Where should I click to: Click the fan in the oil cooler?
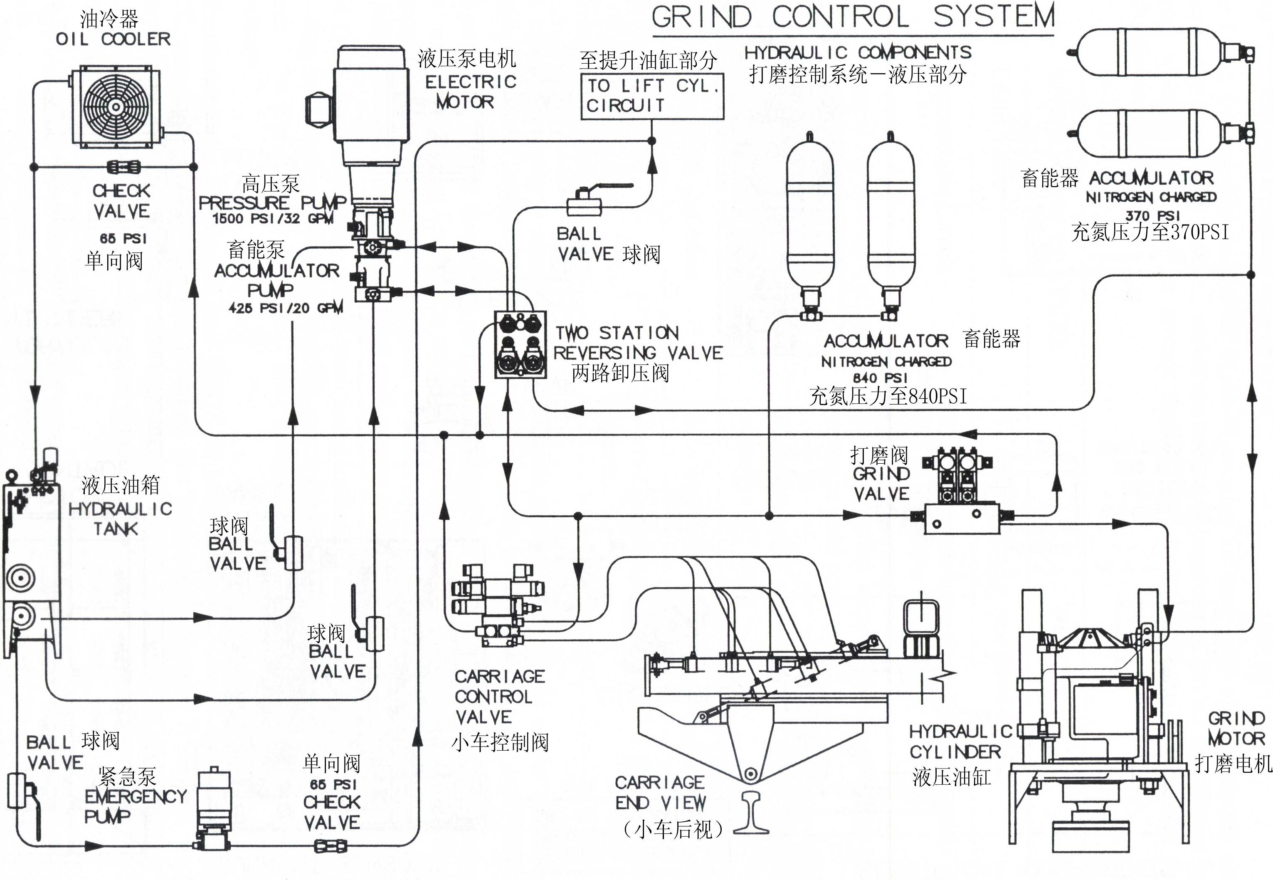pyautogui.click(x=116, y=106)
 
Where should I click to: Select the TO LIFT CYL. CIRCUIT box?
pyautogui.click(x=652, y=96)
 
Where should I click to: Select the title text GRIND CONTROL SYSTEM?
pyautogui.click(x=853, y=17)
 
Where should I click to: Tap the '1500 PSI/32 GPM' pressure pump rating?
pyautogui.click(x=273, y=218)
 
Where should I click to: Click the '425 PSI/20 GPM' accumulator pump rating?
pyautogui.click(x=286, y=308)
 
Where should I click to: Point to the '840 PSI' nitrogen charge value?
pyautogui.click(x=880, y=378)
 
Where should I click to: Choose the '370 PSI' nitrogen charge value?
pyautogui.click(x=1153, y=215)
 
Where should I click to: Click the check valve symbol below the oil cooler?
pyautogui.click(x=122, y=166)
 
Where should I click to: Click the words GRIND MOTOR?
pyautogui.click(x=1236, y=728)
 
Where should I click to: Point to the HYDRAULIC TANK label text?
pyautogui.click(x=120, y=518)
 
